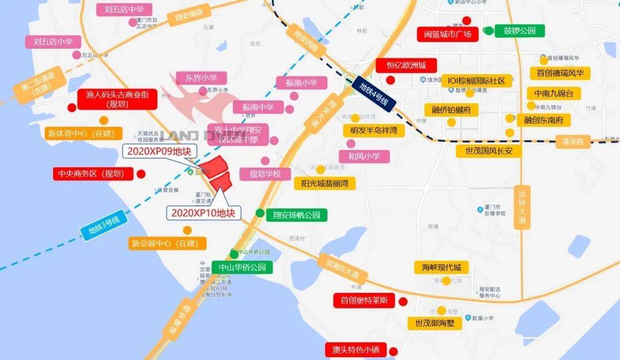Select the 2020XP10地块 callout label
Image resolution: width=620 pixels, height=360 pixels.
point(204,212)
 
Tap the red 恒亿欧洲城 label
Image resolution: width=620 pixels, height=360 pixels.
point(406,65)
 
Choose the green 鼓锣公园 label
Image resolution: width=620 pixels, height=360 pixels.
point(520,30)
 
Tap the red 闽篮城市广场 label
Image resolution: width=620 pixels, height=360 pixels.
point(447,34)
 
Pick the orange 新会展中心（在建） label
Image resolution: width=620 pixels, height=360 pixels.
point(164,243)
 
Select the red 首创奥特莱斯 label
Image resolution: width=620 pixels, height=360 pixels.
point(364,300)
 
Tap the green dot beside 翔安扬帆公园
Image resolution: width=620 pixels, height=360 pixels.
point(260,214)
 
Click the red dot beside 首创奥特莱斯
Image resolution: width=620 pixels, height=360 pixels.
point(403,301)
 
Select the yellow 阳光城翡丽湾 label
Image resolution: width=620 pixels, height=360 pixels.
point(324,184)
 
